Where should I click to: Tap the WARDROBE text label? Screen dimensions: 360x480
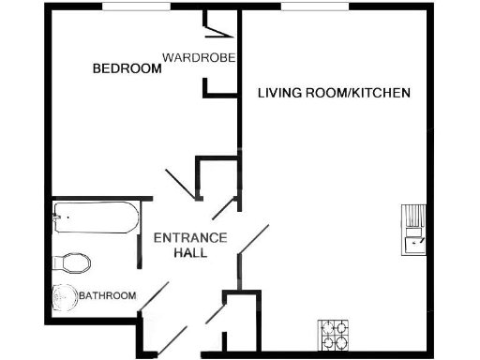pos(198,57)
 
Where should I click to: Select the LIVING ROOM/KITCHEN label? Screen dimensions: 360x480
pos(334,93)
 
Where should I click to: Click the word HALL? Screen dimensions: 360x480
pos(191,253)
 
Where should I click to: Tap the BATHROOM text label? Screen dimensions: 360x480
pos(107,296)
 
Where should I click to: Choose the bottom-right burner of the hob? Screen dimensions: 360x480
pos(342,341)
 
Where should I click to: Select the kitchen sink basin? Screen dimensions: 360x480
pos(412,245)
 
